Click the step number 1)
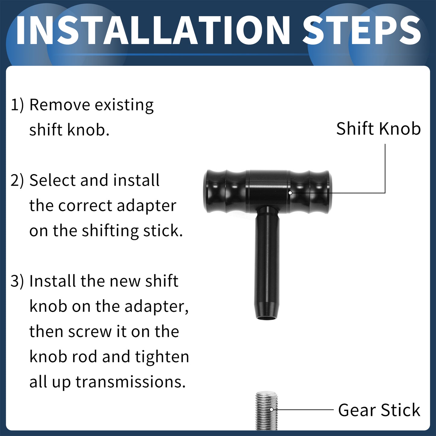(x=17, y=105)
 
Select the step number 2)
(x=17, y=181)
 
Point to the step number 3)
(x=17, y=281)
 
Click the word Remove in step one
(x=60, y=105)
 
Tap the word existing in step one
(x=124, y=106)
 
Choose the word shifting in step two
(x=110, y=231)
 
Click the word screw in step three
(x=90, y=332)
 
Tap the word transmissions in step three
(x=131, y=382)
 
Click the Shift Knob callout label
(x=378, y=129)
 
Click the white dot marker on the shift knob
(x=290, y=193)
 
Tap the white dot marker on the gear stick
(x=272, y=409)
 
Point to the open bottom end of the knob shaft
(x=267, y=317)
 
